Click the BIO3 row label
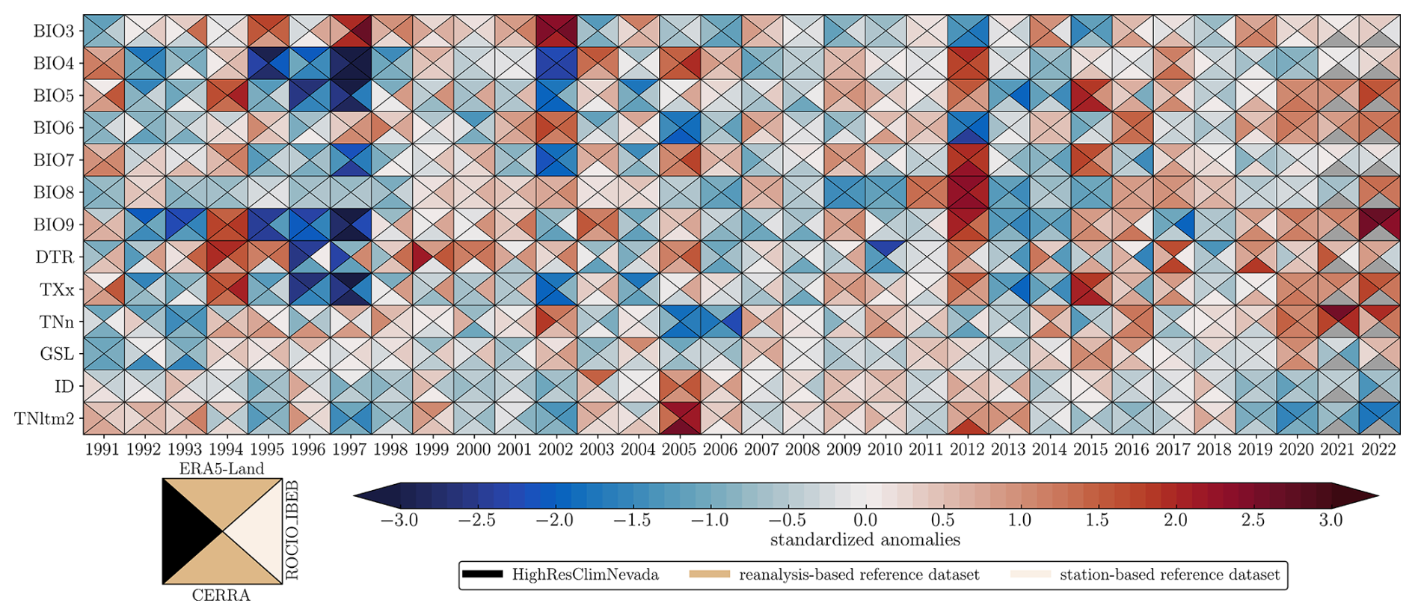tap(53, 31)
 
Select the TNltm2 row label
tap(44, 419)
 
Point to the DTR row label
tap(55, 257)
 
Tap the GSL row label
tap(57, 354)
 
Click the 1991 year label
tap(102, 450)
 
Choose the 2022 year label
tap(1378, 450)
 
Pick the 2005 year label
tap(679, 450)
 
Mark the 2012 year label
tap(967, 450)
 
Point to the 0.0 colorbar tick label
tap(865, 520)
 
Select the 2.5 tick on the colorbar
tap(1253, 520)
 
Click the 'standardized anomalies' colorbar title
tap(865, 539)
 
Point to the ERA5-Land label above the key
tap(221, 469)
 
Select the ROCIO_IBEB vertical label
tap(292, 530)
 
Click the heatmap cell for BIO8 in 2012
tap(967, 192)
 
